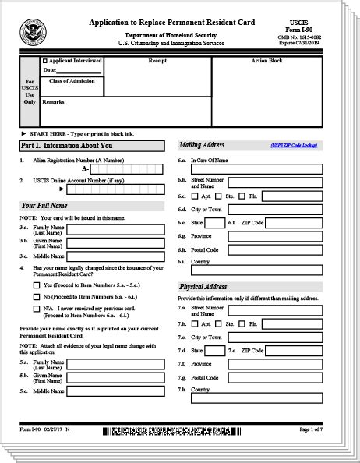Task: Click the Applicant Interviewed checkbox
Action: (44, 60)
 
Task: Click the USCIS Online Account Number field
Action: (116, 189)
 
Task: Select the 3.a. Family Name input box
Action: (115, 230)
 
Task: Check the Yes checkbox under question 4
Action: (37, 285)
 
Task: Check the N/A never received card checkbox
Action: (37, 309)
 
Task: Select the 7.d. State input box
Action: (215, 351)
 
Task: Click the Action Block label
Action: (266, 60)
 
